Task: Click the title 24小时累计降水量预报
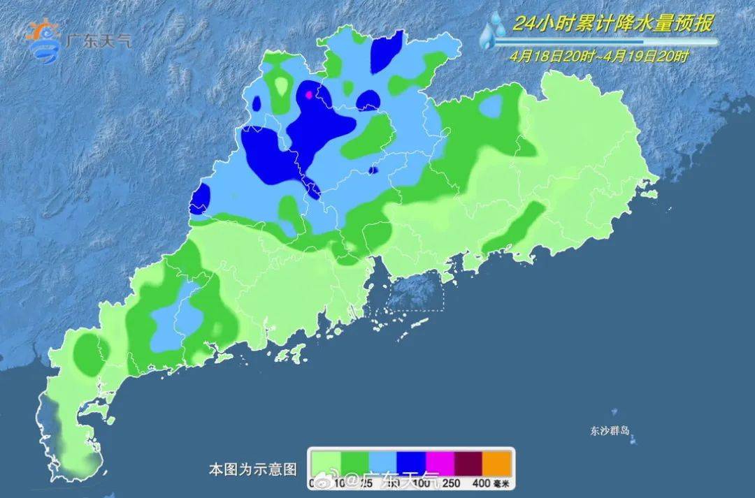[612, 24]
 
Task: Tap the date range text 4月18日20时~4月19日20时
[598, 57]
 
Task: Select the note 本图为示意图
[253, 467]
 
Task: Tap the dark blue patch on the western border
[199, 198]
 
